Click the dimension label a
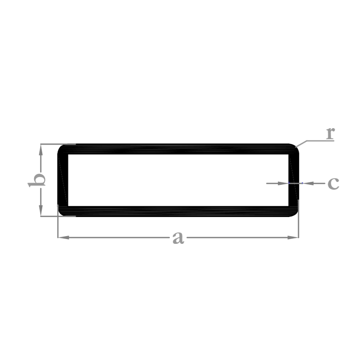point(178,238)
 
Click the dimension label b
point(36,180)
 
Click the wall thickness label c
point(333,183)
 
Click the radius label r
point(330,133)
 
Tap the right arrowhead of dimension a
point(293,238)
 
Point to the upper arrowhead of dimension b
point(41,150)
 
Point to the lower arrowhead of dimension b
point(41,211)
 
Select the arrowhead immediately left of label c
point(308,183)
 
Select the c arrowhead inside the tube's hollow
point(283,183)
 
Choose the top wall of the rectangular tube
point(178,149)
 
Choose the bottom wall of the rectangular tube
point(178,212)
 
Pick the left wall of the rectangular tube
point(63,180)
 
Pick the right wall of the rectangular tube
point(294,180)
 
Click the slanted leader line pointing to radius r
point(301,144)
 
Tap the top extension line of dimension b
point(58,144)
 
